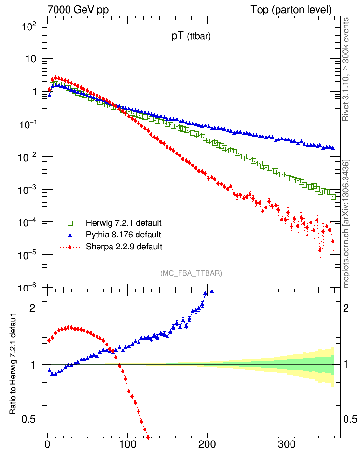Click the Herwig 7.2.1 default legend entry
tap(123, 223)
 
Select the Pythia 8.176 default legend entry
tap(123, 234)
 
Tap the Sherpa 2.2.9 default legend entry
tap(124, 247)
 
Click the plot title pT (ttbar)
tap(191, 37)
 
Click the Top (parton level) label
tap(291, 10)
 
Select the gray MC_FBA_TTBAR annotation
tap(191, 273)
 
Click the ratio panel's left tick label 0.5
tap(30, 419)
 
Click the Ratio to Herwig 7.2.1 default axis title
tap(15, 364)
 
